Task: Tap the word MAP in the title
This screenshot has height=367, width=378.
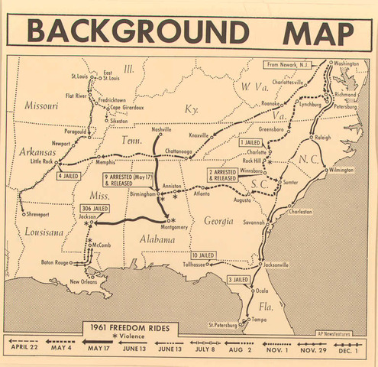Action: (318, 31)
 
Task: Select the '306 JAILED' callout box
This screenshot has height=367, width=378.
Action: (95, 209)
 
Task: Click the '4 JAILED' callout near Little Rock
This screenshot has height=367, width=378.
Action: (69, 176)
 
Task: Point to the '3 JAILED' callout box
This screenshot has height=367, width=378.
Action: (238, 280)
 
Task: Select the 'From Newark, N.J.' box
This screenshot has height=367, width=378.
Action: (292, 64)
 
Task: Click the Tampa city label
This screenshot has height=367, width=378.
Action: (260, 319)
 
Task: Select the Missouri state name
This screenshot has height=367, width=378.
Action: (42, 105)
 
